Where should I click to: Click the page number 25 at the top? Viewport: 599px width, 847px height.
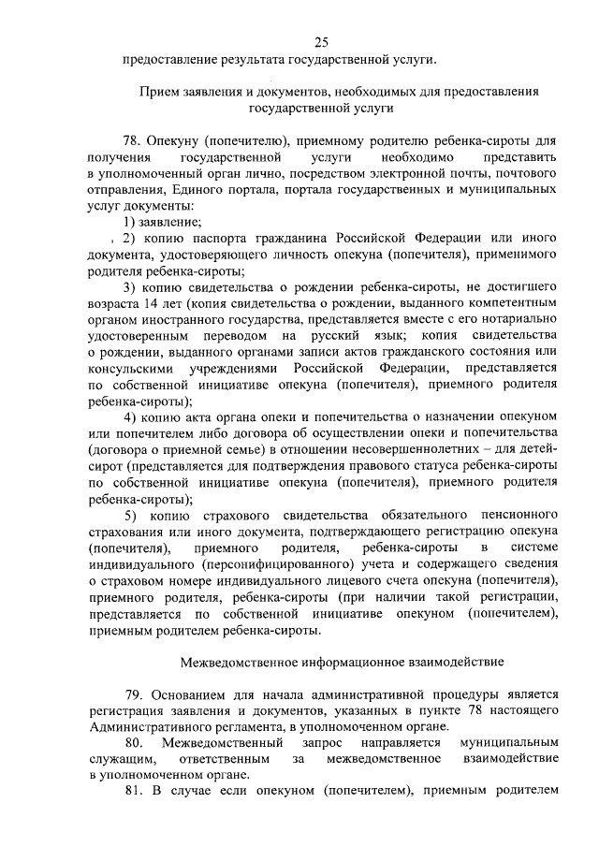pos(321,41)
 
